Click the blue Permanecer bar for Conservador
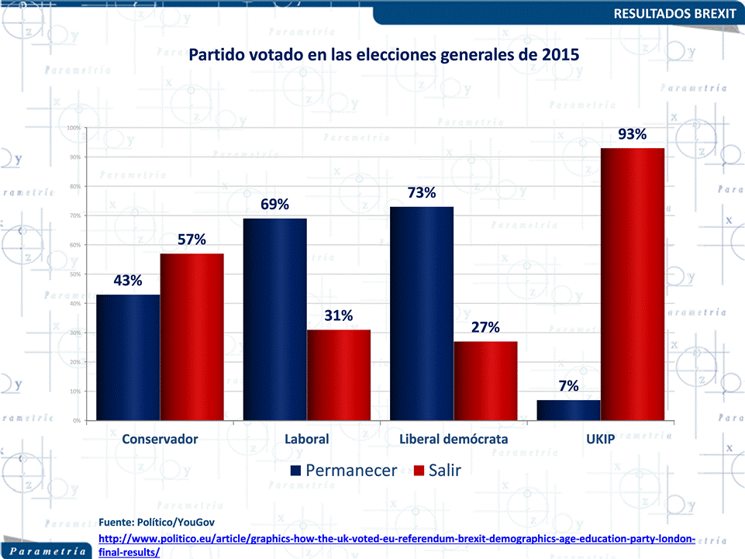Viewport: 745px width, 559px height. tap(128, 357)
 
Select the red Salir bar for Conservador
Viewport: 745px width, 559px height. tap(191, 337)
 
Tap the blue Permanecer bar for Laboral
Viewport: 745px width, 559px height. tap(275, 319)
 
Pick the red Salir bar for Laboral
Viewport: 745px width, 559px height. tap(339, 375)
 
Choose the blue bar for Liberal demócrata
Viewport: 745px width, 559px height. tap(422, 314)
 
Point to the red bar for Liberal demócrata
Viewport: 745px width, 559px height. tap(485, 381)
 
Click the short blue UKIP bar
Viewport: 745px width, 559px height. tap(568, 410)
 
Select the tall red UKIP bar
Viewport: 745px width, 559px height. tap(633, 285)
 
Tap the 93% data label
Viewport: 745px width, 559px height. tap(633, 134)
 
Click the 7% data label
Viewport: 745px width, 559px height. tap(568, 386)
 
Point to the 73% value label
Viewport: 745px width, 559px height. tap(422, 193)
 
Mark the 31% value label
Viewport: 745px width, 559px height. tap(339, 316)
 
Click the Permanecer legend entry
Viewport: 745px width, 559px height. tap(343, 471)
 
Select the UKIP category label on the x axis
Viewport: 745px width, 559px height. tap(600, 439)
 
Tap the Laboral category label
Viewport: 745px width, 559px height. tap(307, 439)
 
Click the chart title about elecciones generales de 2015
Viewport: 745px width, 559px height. tap(385, 56)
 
